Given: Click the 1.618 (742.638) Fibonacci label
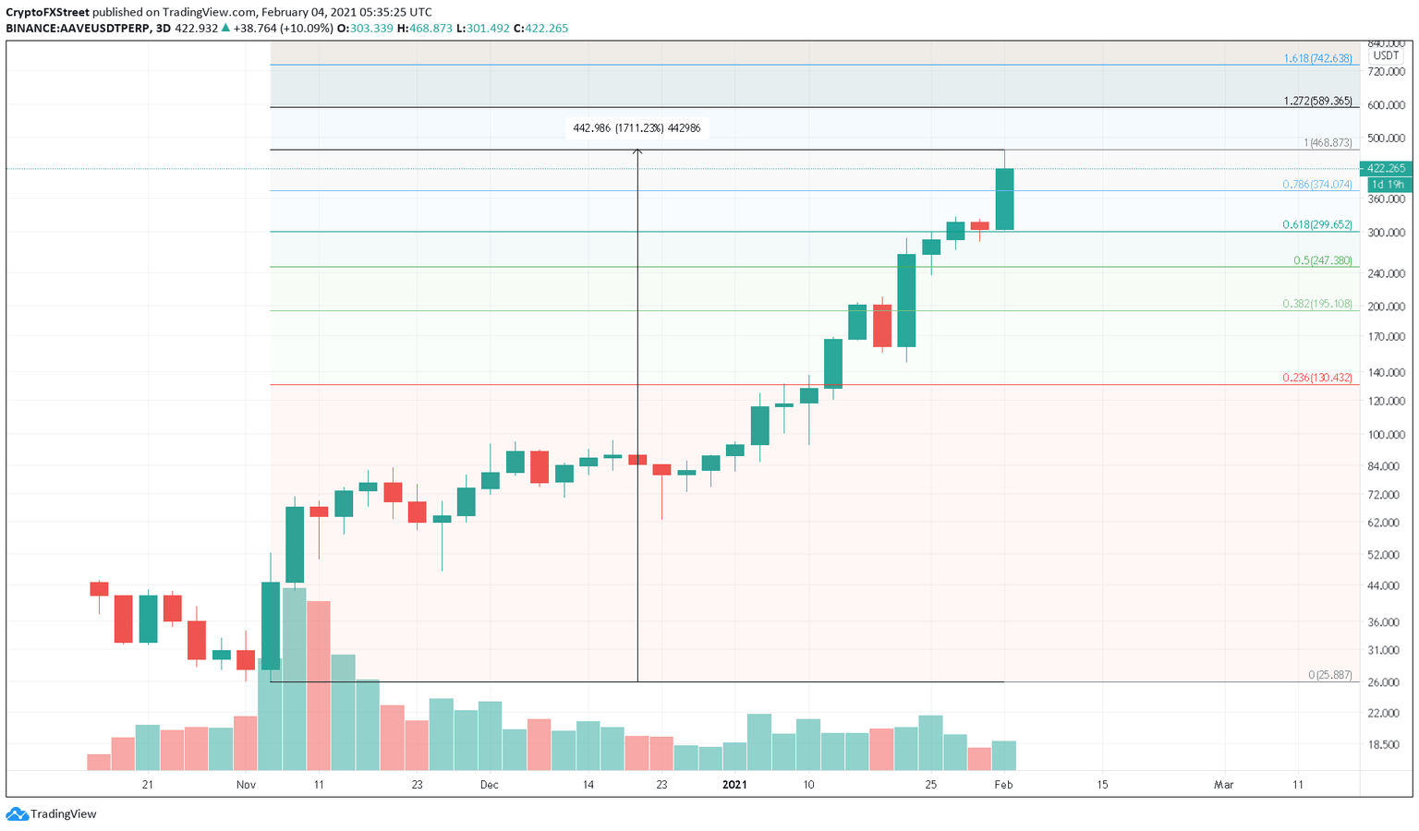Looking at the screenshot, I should pos(1317,58).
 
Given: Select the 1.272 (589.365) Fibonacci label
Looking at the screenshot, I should pos(1317,101).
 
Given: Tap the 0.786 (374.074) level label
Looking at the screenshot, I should pos(1317,185).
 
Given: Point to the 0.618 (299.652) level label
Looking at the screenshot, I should pos(1317,224).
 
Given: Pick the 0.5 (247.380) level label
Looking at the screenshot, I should pos(1322,260).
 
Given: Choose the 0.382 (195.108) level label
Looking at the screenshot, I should pos(1317,304).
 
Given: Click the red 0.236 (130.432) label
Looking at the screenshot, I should pos(1317,378).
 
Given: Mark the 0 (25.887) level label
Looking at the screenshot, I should pos(1330,675).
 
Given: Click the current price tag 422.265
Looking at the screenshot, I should pos(1386,168).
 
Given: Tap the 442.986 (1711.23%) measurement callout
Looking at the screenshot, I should pos(637,128).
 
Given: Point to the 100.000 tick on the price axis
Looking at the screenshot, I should pos(1386,435).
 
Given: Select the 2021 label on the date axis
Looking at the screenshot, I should pos(734,785).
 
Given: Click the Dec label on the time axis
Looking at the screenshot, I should pos(489,785).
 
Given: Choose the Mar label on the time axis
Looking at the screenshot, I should pos(1223,785).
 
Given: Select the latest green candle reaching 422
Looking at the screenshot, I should pos(1004,199).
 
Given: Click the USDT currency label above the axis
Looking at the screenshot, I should pos(1385,55).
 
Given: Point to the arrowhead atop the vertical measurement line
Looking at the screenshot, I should pos(637,151).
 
